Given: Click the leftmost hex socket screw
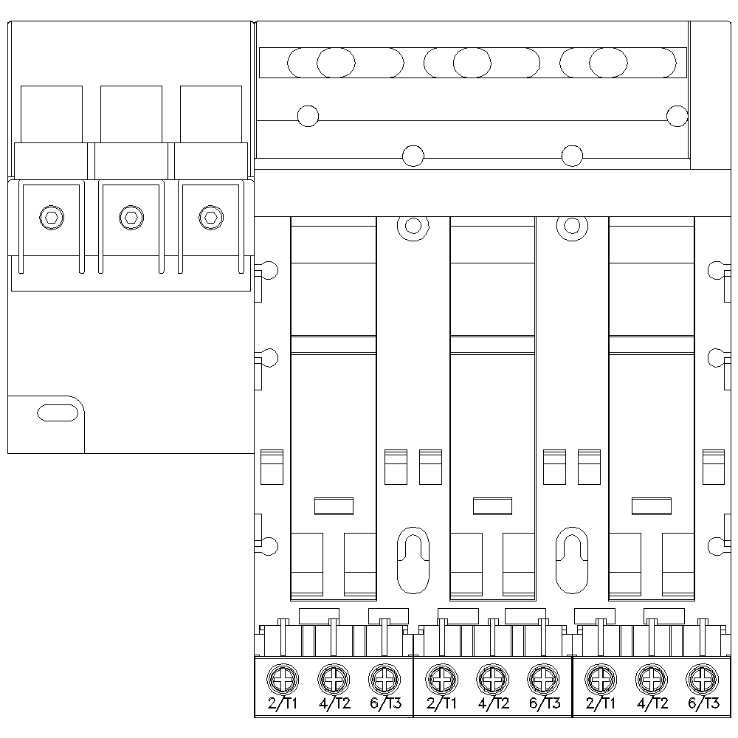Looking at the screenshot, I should coord(51,216).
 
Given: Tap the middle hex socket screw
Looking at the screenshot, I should coord(131,216).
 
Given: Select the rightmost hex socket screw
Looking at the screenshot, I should coord(210,216).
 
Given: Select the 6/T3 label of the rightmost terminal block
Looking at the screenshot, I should coord(703,703).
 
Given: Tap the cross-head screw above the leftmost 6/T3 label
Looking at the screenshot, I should coord(382,677).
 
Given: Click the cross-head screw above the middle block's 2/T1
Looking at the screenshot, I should coord(441,677).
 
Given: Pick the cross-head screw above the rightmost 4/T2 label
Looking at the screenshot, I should coord(651,677).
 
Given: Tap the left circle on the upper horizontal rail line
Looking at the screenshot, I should coord(308,116).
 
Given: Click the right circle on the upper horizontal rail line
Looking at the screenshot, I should coord(677,116).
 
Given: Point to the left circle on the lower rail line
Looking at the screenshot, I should coord(413,156).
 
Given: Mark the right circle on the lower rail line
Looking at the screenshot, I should coord(572,156).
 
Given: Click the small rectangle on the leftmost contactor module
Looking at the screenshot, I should coord(334,506).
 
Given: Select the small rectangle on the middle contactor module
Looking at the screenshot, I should coord(492,506).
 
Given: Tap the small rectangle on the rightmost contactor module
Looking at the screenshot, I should coord(652,506).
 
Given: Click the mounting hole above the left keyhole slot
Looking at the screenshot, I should coord(413,225).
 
